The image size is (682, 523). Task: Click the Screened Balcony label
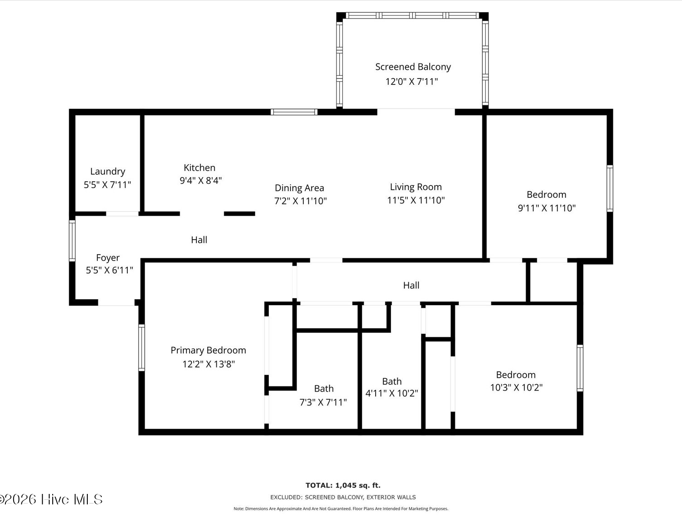(x=413, y=67)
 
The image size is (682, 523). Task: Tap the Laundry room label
(x=108, y=172)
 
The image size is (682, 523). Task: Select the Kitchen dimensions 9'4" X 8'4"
(x=201, y=181)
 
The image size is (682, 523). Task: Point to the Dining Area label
(x=300, y=188)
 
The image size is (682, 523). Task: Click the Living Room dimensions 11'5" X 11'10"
(x=416, y=200)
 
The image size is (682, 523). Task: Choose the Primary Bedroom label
(x=208, y=350)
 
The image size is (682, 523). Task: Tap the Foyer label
(x=108, y=257)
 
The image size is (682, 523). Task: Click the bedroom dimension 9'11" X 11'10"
(x=547, y=208)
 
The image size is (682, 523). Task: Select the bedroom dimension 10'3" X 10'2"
(x=517, y=388)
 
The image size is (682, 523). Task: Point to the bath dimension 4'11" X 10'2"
(x=391, y=393)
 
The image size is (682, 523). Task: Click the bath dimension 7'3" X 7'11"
(x=323, y=402)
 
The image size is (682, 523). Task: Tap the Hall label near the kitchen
(x=199, y=240)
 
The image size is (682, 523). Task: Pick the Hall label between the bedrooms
(x=411, y=286)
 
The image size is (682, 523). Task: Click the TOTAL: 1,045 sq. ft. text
(x=343, y=485)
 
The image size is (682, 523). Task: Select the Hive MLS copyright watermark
(x=51, y=499)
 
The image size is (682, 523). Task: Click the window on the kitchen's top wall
(x=294, y=112)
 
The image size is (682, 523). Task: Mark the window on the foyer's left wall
(x=72, y=241)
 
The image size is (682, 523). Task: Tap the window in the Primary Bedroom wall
(x=141, y=348)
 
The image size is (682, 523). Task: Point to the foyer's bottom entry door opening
(x=116, y=303)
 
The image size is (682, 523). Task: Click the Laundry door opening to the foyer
(x=122, y=214)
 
